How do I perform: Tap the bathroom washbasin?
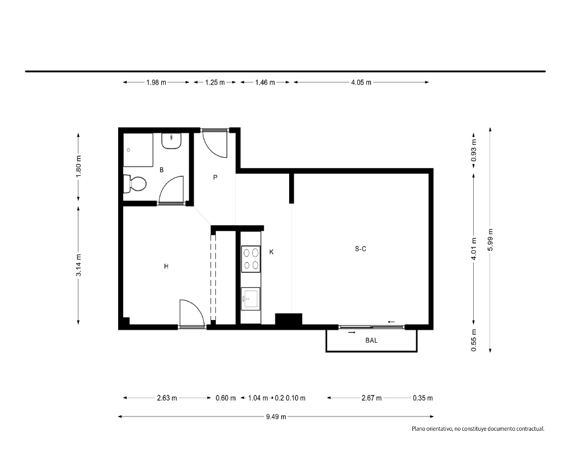pyautogui.click(x=172, y=141)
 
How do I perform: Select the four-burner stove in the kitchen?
pyautogui.click(x=251, y=259)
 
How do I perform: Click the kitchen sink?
pyautogui.click(x=250, y=299)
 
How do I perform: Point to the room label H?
pyautogui.click(x=166, y=267)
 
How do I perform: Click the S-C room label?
pyautogui.click(x=361, y=249)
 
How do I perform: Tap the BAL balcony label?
pyautogui.click(x=371, y=340)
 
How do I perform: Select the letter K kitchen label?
pyautogui.click(x=272, y=252)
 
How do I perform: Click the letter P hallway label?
pyautogui.click(x=215, y=178)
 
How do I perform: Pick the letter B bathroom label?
pyautogui.click(x=161, y=170)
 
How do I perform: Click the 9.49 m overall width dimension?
pyautogui.click(x=276, y=417)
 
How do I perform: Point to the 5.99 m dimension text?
pyautogui.click(x=490, y=239)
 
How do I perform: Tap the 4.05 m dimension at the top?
pyautogui.click(x=361, y=82)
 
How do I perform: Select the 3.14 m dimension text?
pyautogui.click(x=78, y=265)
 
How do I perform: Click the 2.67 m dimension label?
pyautogui.click(x=371, y=398)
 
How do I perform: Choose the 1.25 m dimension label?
pyautogui.click(x=215, y=82)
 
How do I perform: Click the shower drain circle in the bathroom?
pyautogui.click(x=128, y=149)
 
